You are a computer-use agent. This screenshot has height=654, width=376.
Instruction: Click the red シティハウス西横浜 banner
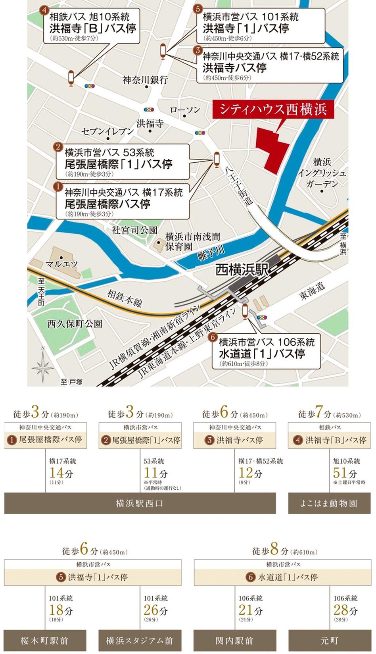click(273, 109)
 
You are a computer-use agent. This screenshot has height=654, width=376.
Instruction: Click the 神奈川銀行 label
click(145, 80)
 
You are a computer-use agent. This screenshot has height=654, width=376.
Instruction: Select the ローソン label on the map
click(185, 110)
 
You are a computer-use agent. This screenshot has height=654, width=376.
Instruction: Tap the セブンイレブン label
click(108, 131)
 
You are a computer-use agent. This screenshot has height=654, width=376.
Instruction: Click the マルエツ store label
click(61, 264)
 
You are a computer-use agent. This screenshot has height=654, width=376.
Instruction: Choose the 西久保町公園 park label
click(75, 324)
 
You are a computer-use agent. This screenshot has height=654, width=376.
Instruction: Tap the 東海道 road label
click(312, 292)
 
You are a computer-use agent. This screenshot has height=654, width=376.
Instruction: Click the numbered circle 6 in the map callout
click(213, 337)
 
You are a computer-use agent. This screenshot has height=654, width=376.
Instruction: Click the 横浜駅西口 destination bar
click(140, 504)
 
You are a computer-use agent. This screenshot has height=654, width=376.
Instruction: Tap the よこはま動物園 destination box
click(329, 504)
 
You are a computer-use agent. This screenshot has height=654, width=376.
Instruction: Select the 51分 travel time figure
click(345, 473)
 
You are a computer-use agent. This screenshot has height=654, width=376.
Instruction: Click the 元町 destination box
click(329, 641)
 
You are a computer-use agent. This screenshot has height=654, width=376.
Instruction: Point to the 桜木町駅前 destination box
click(45, 641)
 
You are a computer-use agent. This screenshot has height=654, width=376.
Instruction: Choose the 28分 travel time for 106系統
click(345, 610)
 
